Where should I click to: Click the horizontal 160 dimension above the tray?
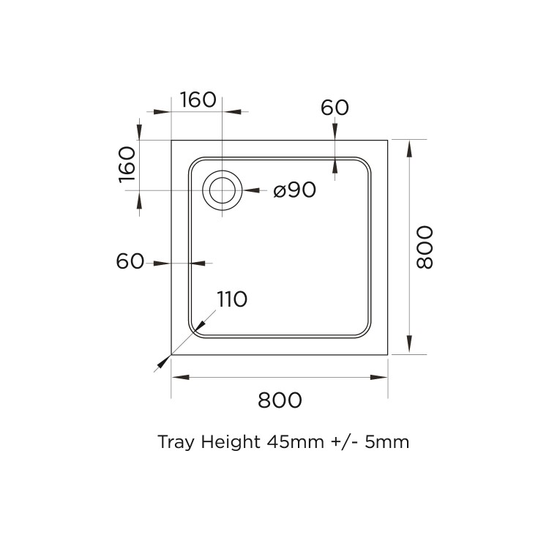point(198,100)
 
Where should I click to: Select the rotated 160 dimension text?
point(127,164)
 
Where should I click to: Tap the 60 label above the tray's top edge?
point(335,107)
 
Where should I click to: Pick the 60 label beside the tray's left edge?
point(130,261)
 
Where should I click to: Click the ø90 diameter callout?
point(294,190)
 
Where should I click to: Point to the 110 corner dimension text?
point(231,299)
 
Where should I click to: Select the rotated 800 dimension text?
point(425,247)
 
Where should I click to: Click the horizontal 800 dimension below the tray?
point(280,400)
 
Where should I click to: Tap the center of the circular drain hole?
point(222,190)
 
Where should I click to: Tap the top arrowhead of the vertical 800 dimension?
point(408,146)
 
